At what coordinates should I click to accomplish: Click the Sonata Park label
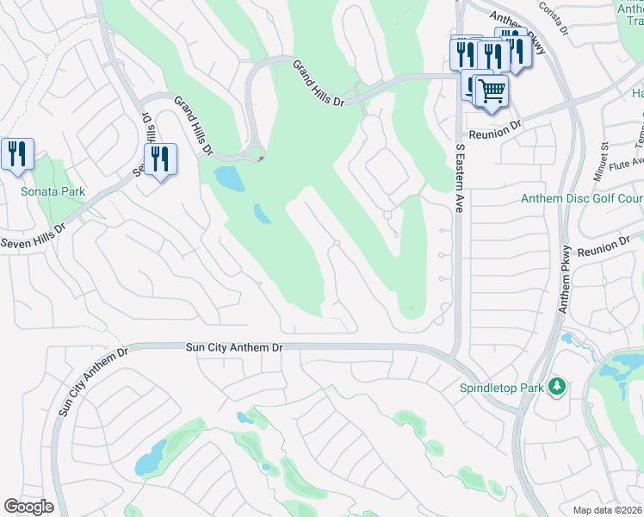click(47, 190)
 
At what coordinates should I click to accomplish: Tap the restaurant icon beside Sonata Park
click(17, 154)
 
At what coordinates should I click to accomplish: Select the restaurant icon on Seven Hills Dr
click(160, 159)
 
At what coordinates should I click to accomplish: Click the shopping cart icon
click(492, 90)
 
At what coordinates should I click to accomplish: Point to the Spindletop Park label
click(502, 388)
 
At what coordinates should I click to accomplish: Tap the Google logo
click(28, 506)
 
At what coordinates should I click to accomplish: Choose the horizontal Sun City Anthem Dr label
click(234, 347)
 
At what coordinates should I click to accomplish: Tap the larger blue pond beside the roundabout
click(229, 178)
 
